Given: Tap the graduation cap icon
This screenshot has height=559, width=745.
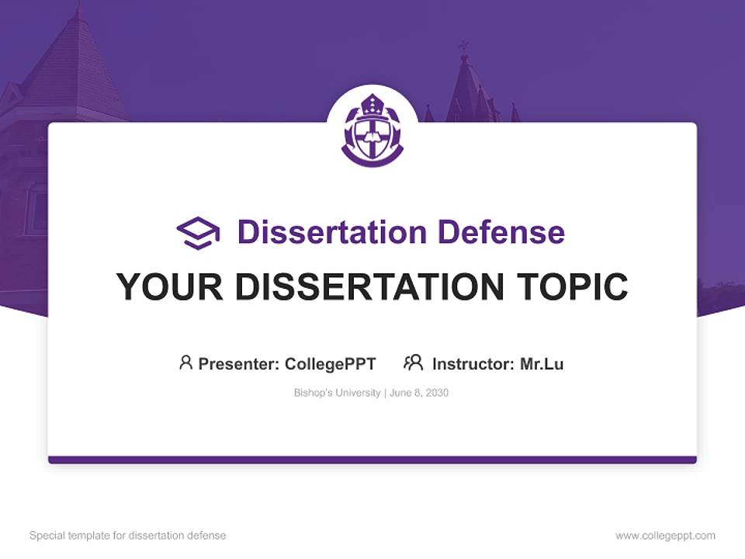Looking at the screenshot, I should (x=198, y=232).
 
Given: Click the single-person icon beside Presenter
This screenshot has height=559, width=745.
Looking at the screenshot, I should (x=185, y=363).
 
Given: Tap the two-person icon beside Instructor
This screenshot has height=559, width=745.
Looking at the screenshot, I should (x=413, y=363).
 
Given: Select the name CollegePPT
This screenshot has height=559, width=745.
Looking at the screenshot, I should (x=331, y=364).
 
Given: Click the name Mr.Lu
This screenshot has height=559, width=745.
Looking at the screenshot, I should (x=542, y=364).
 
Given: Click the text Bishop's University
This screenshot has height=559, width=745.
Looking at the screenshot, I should (x=337, y=393).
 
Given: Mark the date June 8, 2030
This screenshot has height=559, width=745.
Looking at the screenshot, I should (x=419, y=393).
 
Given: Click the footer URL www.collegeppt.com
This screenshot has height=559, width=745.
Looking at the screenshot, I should (x=665, y=536).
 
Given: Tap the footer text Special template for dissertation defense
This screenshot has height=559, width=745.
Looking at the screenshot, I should (x=128, y=536).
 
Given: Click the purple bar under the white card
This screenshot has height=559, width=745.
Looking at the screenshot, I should (x=372, y=460).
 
